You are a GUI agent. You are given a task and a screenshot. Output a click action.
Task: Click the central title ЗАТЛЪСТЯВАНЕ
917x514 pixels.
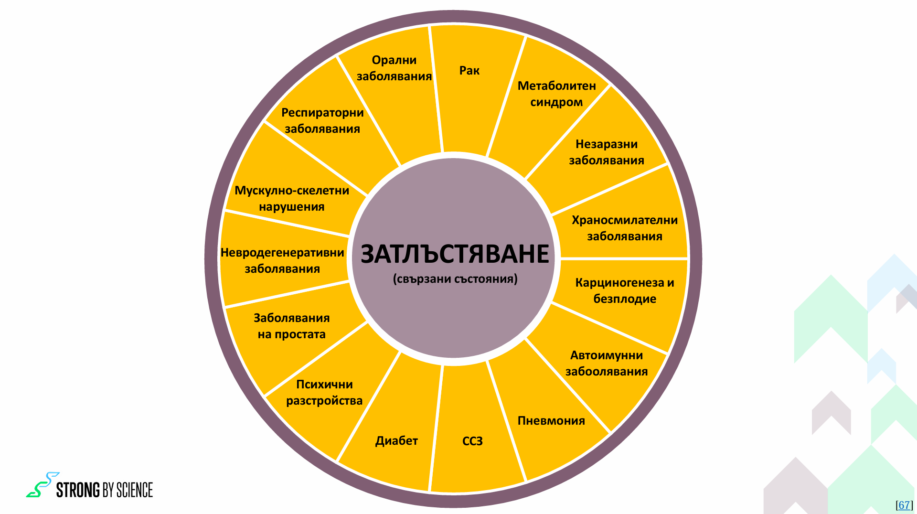pyautogui.click(x=455, y=254)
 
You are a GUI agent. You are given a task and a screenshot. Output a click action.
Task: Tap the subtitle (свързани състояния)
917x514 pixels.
pyautogui.click(x=455, y=279)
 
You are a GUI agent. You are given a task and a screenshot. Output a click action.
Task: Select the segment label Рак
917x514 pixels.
pyautogui.click(x=469, y=71)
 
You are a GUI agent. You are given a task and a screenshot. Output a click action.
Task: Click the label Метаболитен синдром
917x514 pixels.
pyautogui.click(x=557, y=94)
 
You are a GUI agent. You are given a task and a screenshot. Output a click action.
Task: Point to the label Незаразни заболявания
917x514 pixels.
pyautogui.click(x=607, y=152)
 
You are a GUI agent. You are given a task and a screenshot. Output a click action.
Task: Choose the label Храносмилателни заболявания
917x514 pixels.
pyautogui.click(x=625, y=228)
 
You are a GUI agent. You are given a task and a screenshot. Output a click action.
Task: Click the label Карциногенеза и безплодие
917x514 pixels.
pyautogui.click(x=625, y=290)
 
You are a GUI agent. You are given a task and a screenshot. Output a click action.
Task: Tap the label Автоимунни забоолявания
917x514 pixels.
pyautogui.click(x=607, y=363)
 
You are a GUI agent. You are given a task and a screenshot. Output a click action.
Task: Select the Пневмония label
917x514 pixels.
pyautogui.click(x=551, y=421)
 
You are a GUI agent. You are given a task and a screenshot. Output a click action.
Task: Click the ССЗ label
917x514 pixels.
pyautogui.click(x=472, y=441)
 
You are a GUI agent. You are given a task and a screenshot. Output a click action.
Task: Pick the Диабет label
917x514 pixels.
pyautogui.click(x=396, y=440)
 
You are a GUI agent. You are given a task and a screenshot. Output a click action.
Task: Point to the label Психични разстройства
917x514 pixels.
pyautogui.click(x=324, y=392)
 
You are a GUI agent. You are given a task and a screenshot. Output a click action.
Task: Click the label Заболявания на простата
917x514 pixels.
pyautogui.click(x=291, y=326)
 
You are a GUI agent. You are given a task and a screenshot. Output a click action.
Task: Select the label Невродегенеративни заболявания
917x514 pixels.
pyautogui.click(x=282, y=260)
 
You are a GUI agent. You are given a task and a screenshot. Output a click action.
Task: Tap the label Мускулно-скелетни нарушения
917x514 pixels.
pyautogui.click(x=292, y=198)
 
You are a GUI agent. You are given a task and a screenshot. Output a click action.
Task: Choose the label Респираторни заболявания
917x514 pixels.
pyautogui.click(x=322, y=120)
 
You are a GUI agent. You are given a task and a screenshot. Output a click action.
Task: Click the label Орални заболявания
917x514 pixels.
pyautogui.click(x=394, y=68)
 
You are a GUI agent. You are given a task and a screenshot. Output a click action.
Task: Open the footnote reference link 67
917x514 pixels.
pyautogui.click(x=904, y=505)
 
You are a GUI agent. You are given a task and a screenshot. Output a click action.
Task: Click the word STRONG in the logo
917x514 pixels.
pyautogui.click(x=78, y=490)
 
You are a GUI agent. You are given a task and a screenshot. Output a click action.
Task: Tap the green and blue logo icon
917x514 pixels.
pyautogui.click(x=43, y=485)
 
